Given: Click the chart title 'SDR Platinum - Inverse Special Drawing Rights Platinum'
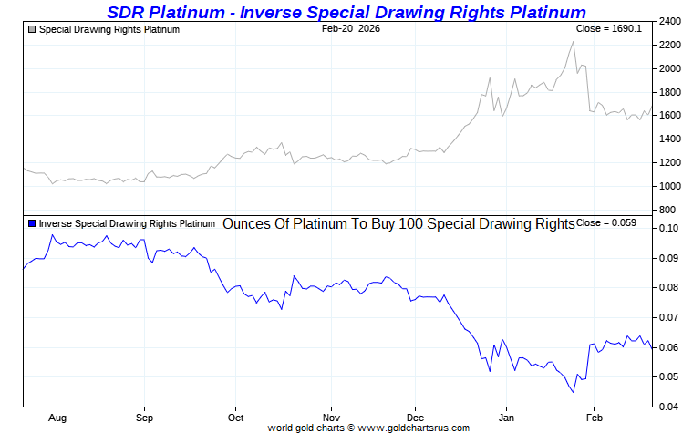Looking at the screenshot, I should point(346,12).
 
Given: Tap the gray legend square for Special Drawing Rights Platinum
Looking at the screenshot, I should point(32,30).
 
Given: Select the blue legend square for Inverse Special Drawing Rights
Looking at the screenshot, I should point(32,223).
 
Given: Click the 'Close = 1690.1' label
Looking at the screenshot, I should point(611,29).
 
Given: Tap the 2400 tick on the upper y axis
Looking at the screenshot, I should point(670,22).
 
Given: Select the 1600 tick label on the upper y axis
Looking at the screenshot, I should point(670,116).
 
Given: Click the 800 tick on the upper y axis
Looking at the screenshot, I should point(667,210).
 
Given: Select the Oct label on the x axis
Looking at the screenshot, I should point(235,418).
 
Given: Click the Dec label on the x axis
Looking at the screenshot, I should point(415,418).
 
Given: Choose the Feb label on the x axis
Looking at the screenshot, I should point(594,418).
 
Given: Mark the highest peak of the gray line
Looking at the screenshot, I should point(573,42).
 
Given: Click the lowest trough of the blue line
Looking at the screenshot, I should point(573,392).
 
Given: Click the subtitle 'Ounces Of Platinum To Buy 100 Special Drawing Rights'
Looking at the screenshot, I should point(398,223).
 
